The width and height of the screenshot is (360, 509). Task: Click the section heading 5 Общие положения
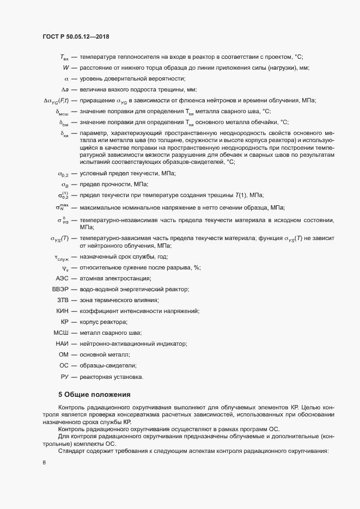(94, 395)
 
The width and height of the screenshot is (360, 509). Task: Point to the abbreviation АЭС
(62, 278)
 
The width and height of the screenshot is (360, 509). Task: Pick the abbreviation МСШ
(60, 332)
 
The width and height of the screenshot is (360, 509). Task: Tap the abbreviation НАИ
(62, 343)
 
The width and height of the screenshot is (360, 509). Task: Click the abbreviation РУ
(64, 376)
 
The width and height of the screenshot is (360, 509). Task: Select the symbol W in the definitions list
(65, 68)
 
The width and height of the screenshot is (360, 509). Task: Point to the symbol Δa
(64, 89)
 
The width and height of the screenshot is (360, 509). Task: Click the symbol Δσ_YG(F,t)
(55, 101)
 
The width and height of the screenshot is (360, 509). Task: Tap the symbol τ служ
(61, 256)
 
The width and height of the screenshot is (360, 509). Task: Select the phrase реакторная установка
(111, 376)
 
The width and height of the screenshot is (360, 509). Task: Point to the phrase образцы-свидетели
(108, 365)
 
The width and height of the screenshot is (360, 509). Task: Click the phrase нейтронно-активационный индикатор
(133, 343)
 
